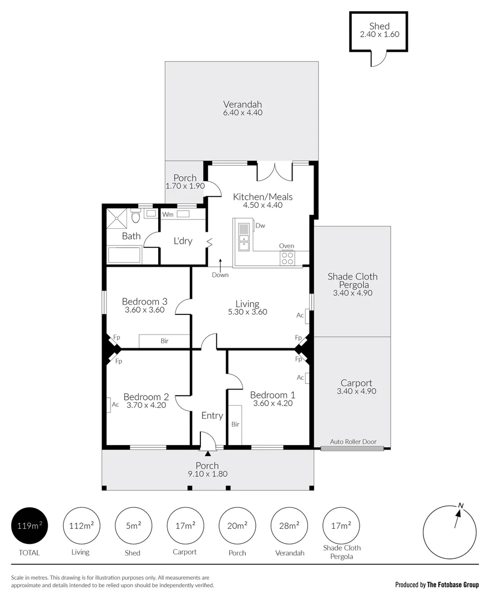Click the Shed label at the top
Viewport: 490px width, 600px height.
click(379, 26)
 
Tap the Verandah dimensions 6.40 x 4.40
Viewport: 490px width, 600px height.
click(243, 113)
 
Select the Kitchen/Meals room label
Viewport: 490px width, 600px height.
click(262, 197)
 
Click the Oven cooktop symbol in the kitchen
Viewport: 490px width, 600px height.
click(287, 257)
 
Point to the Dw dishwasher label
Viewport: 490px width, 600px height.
click(260, 226)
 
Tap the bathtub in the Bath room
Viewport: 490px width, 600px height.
click(124, 256)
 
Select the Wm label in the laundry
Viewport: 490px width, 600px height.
click(167, 214)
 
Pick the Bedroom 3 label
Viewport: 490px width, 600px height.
click(144, 302)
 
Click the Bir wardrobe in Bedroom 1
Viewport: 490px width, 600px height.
click(235, 424)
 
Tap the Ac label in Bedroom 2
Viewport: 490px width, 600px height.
click(115, 404)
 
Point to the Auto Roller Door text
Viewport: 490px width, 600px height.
click(353, 442)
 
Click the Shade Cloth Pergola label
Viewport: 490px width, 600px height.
click(352, 281)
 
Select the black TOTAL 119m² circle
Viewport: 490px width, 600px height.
click(29, 526)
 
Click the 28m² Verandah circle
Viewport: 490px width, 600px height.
click(290, 526)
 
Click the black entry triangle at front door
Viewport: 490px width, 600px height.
click(208, 454)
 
